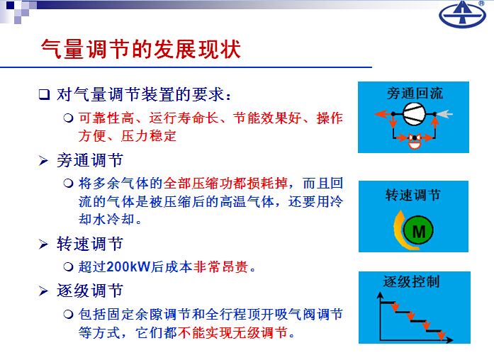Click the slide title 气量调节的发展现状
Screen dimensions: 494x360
tap(141, 50)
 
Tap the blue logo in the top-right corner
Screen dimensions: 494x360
tap(462, 14)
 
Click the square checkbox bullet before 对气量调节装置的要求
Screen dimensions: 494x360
tap(44, 94)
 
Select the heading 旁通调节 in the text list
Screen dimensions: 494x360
tap(90, 160)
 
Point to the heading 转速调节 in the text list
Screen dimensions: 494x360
tap(90, 244)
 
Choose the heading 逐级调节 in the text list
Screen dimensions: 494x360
tap(90, 291)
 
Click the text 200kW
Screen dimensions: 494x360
tap(128, 266)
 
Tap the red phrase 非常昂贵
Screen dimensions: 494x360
tap(221, 266)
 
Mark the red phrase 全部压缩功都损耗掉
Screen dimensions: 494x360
tap(225, 183)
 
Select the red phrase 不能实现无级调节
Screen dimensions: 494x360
tap(232, 332)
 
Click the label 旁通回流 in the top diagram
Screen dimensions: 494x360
tap(415, 94)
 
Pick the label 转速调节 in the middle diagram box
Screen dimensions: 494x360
tap(412, 195)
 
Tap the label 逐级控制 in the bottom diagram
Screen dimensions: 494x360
tap(411, 281)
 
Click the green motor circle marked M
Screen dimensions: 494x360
tap(418, 230)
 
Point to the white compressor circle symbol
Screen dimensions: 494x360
tap(414, 114)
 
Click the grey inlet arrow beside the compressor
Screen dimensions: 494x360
tap(444, 113)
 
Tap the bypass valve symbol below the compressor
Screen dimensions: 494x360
tap(415, 141)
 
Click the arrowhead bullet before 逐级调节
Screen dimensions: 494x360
tap(43, 291)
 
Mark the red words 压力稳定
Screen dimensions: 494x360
tap(148, 136)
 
